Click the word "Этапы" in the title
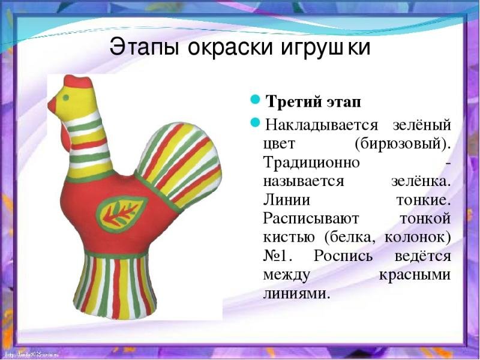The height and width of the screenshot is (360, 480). click(x=144, y=48)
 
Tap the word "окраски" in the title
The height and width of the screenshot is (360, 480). click(x=230, y=48)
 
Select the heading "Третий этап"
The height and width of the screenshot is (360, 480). click(x=313, y=102)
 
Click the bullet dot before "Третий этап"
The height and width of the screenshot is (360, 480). click(x=255, y=100)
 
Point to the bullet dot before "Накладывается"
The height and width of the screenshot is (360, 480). click(x=255, y=122)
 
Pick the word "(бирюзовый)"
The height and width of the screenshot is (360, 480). click(x=403, y=143)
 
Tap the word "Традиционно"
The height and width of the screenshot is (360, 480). click(x=311, y=162)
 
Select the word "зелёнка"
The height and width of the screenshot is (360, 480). click(x=421, y=181)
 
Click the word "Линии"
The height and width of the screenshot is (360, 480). click(x=287, y=200)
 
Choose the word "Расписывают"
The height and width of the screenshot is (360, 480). click(x=311, y=219)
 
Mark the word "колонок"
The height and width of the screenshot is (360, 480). click(x=418, y=238)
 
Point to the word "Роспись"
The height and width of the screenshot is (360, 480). click(x=343, y=257)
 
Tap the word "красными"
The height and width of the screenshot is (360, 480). click(x=415, y=275)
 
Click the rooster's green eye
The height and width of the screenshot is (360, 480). click(x=65, y=98)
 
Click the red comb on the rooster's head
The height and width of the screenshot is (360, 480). click(x=78, y=82)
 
